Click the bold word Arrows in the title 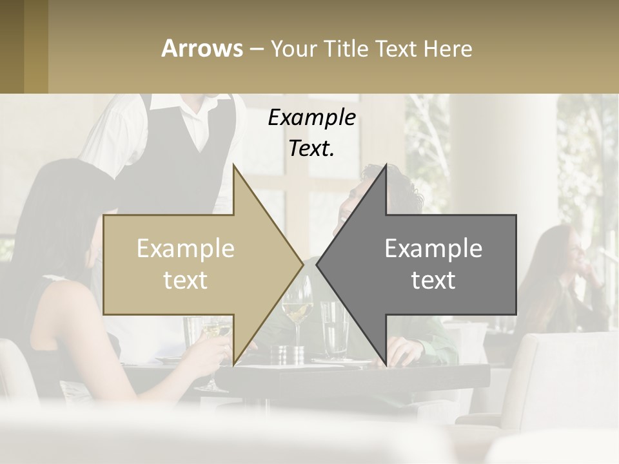[x=202, y=48]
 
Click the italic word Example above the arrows [x=311, y=118]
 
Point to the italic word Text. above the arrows [x=311, y=148]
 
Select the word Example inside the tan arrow [x=186, y=248]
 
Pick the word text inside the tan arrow [x=186, y=280]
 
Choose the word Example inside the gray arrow [x=433, y=248]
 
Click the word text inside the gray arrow [x=433, y=280]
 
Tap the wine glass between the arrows [x=297, y=309]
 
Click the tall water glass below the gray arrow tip [x=334, y=329]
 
